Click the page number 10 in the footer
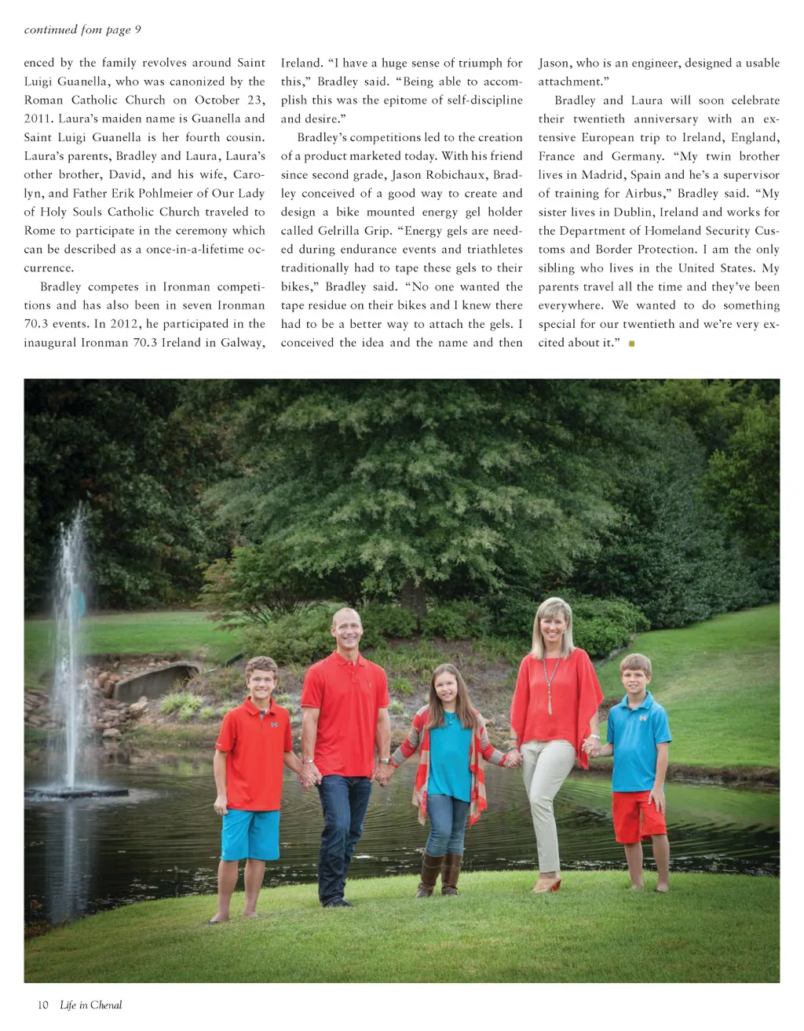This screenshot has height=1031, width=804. [x=43, y=1005]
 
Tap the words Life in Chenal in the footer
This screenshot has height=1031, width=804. [x=91, y=1005]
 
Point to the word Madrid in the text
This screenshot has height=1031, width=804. [x=602, y=175]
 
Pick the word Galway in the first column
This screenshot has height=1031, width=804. [x=242, y=343]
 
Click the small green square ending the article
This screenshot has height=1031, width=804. [x=631, y=344]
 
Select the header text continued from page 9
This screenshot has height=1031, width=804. [x=82, y=30]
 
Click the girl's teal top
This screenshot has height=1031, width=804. [x=450, y=753]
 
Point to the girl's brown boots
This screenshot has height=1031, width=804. [x=440, y=875]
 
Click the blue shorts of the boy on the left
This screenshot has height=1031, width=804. [x=250, y=834]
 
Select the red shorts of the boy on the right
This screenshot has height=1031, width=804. [x=638, y=816]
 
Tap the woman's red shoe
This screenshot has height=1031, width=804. [x=547, y=886]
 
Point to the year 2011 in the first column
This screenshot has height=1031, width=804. [x=37, y=119]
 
